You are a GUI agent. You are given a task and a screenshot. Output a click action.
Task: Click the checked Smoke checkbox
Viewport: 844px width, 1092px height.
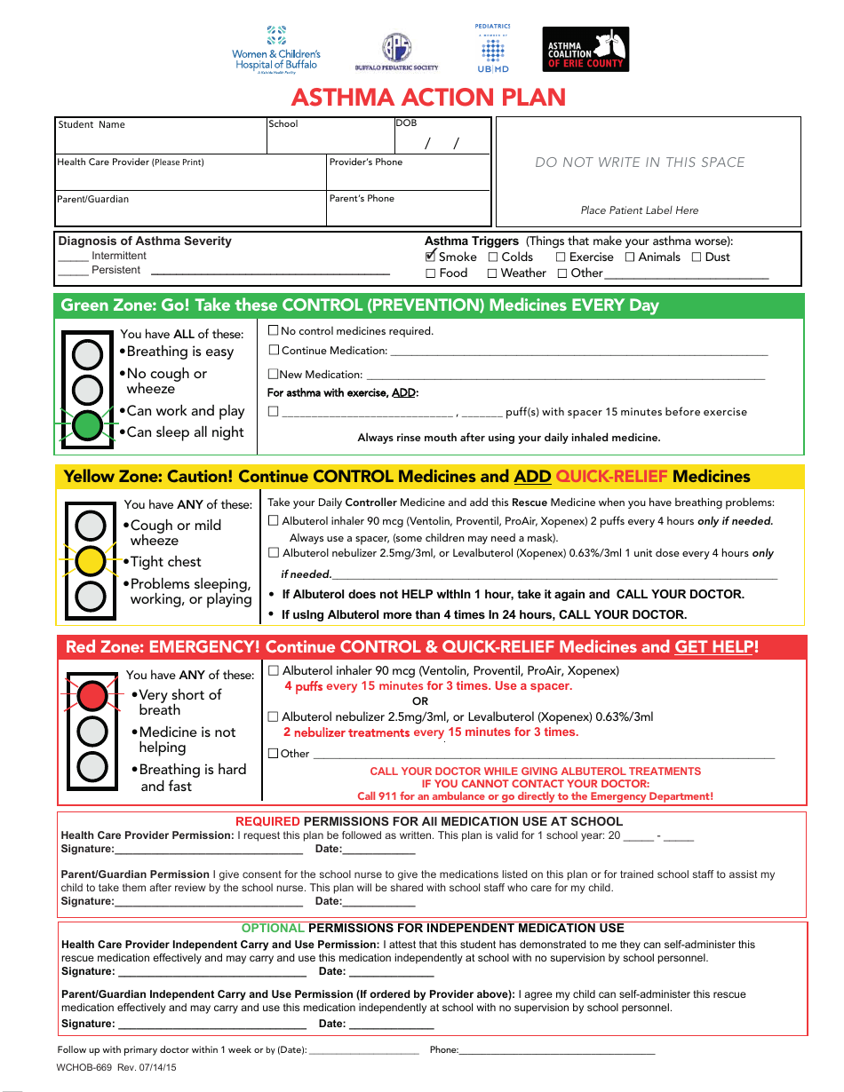[x=431, y=257]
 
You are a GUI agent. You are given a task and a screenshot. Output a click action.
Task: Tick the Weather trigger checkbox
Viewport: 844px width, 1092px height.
[x=492, y=273]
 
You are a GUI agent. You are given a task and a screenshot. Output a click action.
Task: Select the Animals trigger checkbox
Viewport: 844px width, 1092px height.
[x=630, y=257]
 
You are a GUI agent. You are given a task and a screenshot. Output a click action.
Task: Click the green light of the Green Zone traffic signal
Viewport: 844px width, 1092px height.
[x=87, y=425]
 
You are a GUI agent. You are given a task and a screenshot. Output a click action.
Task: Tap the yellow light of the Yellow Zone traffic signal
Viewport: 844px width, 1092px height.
[x=91, y=561]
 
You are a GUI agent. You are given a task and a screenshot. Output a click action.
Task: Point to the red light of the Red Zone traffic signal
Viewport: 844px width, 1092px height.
[x=92, y=695]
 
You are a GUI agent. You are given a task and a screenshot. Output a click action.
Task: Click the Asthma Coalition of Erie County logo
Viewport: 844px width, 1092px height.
[x=585, y=50]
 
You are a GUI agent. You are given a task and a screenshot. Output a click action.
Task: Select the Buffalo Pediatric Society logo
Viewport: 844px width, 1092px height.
[x=396, y=51]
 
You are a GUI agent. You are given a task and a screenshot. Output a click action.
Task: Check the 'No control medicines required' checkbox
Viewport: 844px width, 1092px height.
[x=274, y=330]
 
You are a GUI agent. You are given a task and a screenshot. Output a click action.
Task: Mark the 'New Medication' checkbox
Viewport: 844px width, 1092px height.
[x=274, y=374]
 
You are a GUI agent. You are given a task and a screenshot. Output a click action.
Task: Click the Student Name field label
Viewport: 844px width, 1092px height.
[x=92, y=124]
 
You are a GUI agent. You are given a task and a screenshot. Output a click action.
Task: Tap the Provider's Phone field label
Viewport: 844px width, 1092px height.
[x=365, y=162]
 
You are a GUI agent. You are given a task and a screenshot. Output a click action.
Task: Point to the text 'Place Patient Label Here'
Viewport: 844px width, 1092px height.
[x=640, y=210]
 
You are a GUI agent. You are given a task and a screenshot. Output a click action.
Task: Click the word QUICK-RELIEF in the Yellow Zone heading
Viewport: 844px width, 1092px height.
[x=611, y=477]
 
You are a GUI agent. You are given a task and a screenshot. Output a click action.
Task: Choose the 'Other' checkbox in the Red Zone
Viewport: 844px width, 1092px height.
[x=274, y=754]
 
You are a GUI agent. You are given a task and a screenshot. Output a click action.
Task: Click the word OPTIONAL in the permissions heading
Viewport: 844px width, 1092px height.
[x=273, y=928]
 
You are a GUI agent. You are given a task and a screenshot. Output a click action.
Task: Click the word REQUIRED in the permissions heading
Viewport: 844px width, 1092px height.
[x=267, y=821]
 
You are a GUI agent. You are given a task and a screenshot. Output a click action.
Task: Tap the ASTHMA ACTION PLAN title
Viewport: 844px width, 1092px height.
[x=428, y=97]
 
